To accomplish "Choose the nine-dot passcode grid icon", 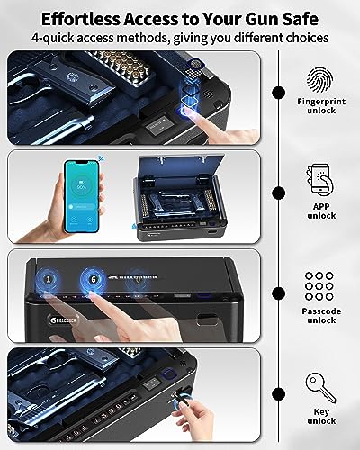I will (x=322, y=286).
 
